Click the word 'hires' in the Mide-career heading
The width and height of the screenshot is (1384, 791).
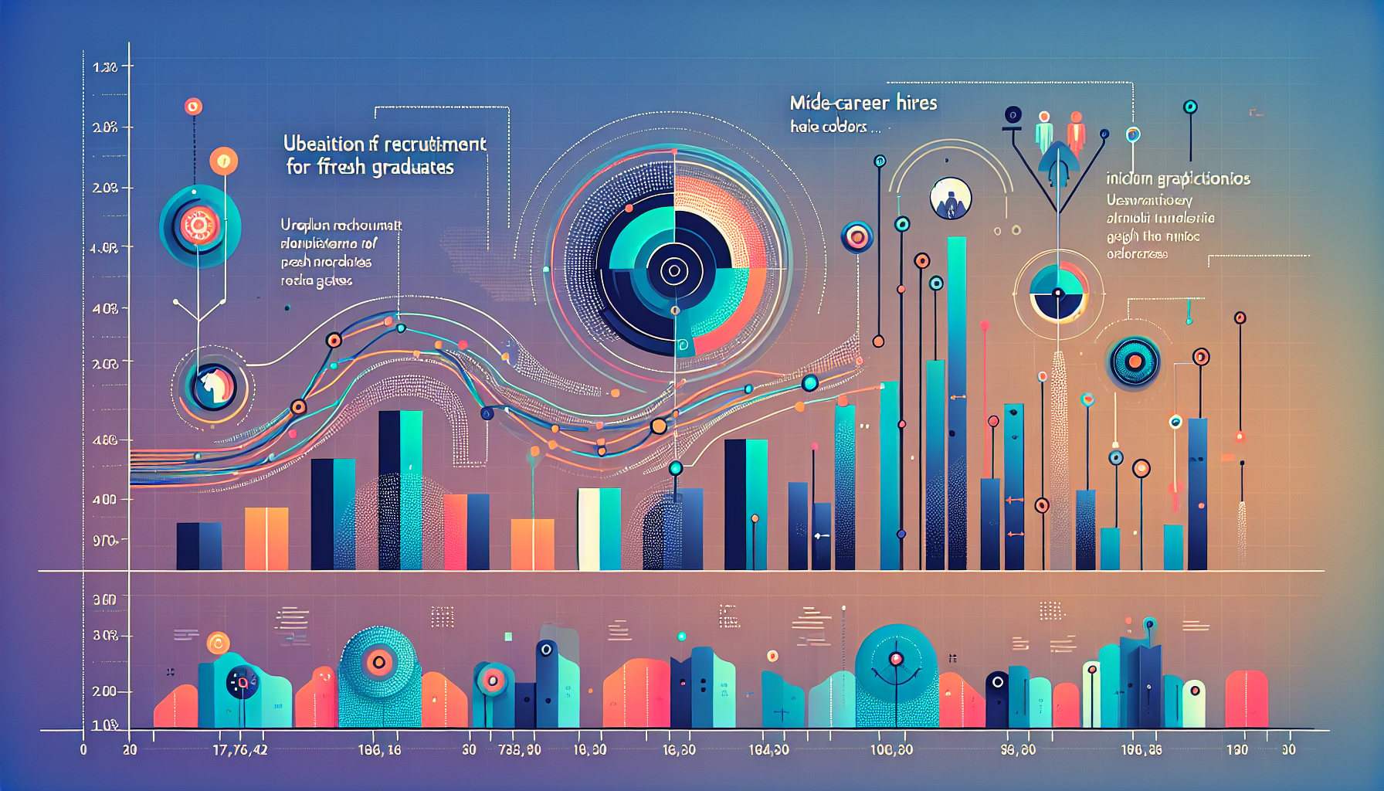pyautogui.click(x=916, y=103)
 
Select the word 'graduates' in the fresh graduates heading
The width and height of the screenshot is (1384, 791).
pyautogui.click(x=413, y=168)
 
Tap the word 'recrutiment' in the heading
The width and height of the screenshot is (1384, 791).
pyautogui.click(x=435, y=144)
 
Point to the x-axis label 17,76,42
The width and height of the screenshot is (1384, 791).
pyautogui.click(x=239, y=750)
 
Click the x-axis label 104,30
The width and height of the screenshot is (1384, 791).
pyautogui.click(x=768, y=750)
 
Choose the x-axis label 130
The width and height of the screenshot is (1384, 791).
pyautogui.click(x=1236, y=750)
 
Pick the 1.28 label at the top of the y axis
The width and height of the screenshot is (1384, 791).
pyautogui.click(x=105, y=68)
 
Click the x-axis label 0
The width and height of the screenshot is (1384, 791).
pyautogui.click(x=83, y=750)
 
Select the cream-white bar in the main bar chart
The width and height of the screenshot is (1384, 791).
pyautogui.click(x=589, y=529)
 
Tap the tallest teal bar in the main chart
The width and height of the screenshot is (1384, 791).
pyautogui.click(x=957, y=402)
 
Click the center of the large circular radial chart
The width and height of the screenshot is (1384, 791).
pyautogui.click(x=673, y=270)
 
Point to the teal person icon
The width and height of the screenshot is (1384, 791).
pyautogui.click(x=1044, y=131)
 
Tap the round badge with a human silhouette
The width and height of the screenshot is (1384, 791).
pyautogui.click(x=951, y=199)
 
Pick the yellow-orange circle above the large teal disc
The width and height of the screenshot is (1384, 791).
pyautogui.click(x=224, y=161)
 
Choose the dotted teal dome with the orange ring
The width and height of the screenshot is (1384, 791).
pyautogui.click(x=378, y=663)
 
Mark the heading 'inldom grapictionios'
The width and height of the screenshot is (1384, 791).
pyautogui.click(x=1178, y=179)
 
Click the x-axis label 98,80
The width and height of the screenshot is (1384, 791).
pyautogui.click(x=1017, y=750)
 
